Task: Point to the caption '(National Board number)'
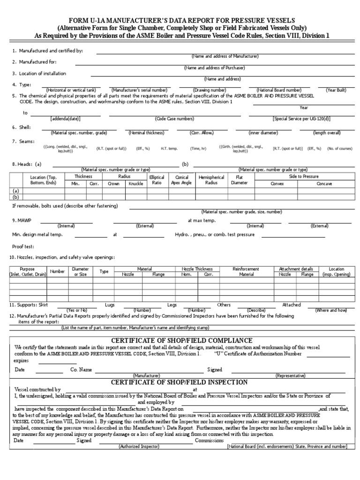pos(279,90)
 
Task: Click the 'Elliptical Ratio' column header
pos(157,180)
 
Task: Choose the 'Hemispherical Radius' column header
pos(211,180)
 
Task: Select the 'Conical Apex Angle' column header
pos(181,180)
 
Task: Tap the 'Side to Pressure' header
pos(303,176)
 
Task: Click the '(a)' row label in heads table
pos(16,191)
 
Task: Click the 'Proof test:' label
pos(23,246)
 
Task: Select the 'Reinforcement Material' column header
pos(246,271)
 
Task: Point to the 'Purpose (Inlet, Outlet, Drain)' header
pos(28,271)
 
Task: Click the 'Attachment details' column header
pos(296,269)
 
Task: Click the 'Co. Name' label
pos(81,370)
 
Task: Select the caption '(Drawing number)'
pos(210,90)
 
